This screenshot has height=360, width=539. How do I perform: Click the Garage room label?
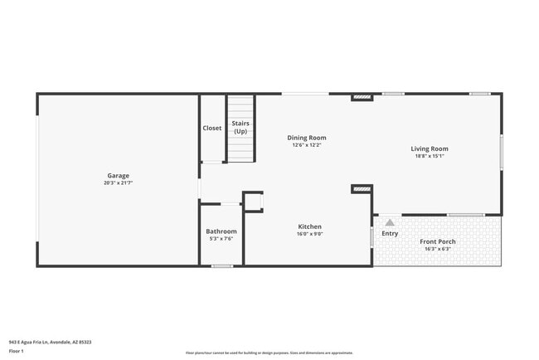(119, 175)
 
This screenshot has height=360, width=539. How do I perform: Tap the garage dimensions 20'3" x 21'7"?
(119, 182)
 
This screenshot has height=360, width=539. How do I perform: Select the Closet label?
(212, 128)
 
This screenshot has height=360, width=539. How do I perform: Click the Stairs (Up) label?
(240, 128)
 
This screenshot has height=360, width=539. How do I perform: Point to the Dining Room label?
(306, 138)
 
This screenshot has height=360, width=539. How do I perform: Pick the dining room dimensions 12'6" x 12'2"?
(306, 145)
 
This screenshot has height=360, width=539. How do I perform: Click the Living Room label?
(429, 148)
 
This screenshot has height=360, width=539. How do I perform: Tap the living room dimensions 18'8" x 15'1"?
(429, 156)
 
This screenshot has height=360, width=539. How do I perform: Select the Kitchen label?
(309, 226)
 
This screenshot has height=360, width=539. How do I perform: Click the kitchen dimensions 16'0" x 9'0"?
(309, 234)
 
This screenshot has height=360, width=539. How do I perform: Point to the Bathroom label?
(221, 231)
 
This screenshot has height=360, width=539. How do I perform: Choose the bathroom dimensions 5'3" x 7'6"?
(221, 239)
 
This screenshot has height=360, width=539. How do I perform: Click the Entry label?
(390, 234)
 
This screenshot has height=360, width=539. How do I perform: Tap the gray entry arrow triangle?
(390, 222)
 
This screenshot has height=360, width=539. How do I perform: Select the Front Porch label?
(437, 241)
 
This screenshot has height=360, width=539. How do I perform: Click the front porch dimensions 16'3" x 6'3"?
(437, 249)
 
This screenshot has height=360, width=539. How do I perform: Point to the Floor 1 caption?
(17, 351)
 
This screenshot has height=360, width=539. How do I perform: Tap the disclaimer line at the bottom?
(269, 353)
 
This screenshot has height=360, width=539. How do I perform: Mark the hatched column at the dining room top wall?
(362, 97)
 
